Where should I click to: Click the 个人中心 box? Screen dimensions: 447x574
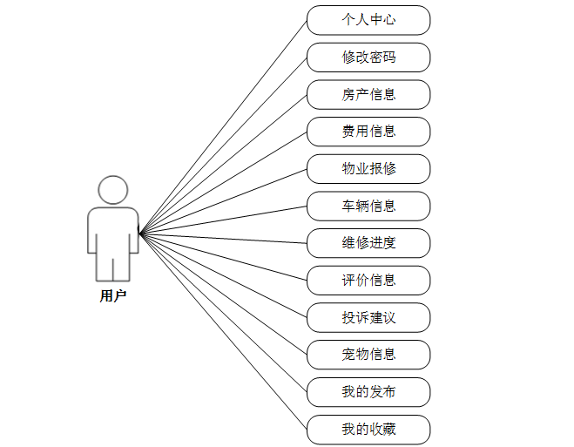[x=368, y=20]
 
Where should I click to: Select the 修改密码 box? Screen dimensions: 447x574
[x=368, y=58]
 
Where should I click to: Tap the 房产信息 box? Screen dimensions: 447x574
[x=368, y=94]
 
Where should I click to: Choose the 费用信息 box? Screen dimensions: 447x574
[x=368, y=132]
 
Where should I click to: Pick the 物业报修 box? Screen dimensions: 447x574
[x=368, y=168]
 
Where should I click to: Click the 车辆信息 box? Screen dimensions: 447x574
[x=368, y=206]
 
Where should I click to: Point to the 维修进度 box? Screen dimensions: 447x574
[x=368, y=243]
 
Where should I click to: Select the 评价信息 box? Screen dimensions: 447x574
[x=368, y=280]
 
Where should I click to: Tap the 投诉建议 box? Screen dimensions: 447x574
[x=368, y=317]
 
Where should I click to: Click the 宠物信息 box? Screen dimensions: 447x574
[x=368, y=355]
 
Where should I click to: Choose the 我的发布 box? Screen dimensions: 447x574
[x=368, y=391]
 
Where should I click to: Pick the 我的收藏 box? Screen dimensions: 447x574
[x=368, y=429]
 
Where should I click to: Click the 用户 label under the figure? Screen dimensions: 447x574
[x=113, y=296]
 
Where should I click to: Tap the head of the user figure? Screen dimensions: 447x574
[x=113, y=190]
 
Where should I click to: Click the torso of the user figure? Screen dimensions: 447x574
[x=113, y=228]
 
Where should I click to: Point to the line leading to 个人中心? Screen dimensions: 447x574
[x=223, y=126]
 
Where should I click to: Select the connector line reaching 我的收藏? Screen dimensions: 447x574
[x=223, y=331]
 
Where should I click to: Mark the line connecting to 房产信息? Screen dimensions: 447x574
[x=223, y=164]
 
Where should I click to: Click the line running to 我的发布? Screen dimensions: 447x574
[x=223, y=312]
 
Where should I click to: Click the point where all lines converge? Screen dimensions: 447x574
[x=140, y=233]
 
